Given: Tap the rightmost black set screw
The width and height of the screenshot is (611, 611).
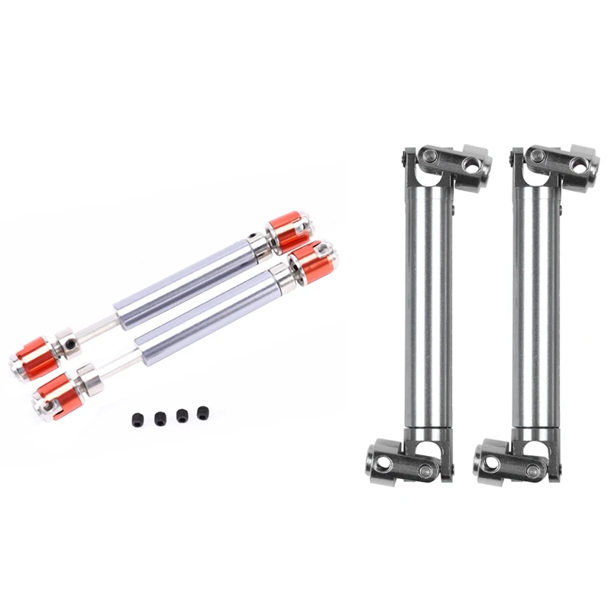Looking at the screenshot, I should coord(203,413).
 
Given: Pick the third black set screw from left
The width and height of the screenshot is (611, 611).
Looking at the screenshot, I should coord(183,415).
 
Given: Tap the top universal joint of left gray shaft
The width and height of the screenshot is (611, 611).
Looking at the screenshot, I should coord(443,162).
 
